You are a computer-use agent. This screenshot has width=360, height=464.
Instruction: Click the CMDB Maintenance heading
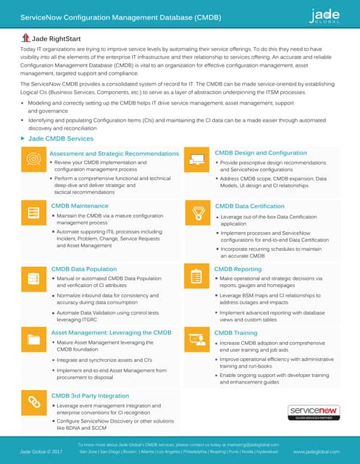point(80,206)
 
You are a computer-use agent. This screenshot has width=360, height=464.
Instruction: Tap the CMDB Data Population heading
point(84,269)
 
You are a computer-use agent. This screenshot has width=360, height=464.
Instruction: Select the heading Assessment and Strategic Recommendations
point(114,154)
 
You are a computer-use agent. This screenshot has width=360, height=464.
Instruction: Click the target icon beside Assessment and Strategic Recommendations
point(33,159)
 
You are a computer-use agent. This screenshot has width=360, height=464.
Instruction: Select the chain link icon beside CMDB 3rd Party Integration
point(33,402)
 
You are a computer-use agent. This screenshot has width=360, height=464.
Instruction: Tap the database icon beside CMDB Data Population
point(33,276)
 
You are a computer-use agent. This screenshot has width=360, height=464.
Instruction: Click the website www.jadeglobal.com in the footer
point(317,451)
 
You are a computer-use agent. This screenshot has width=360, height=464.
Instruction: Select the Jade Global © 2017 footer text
point(41,451)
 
